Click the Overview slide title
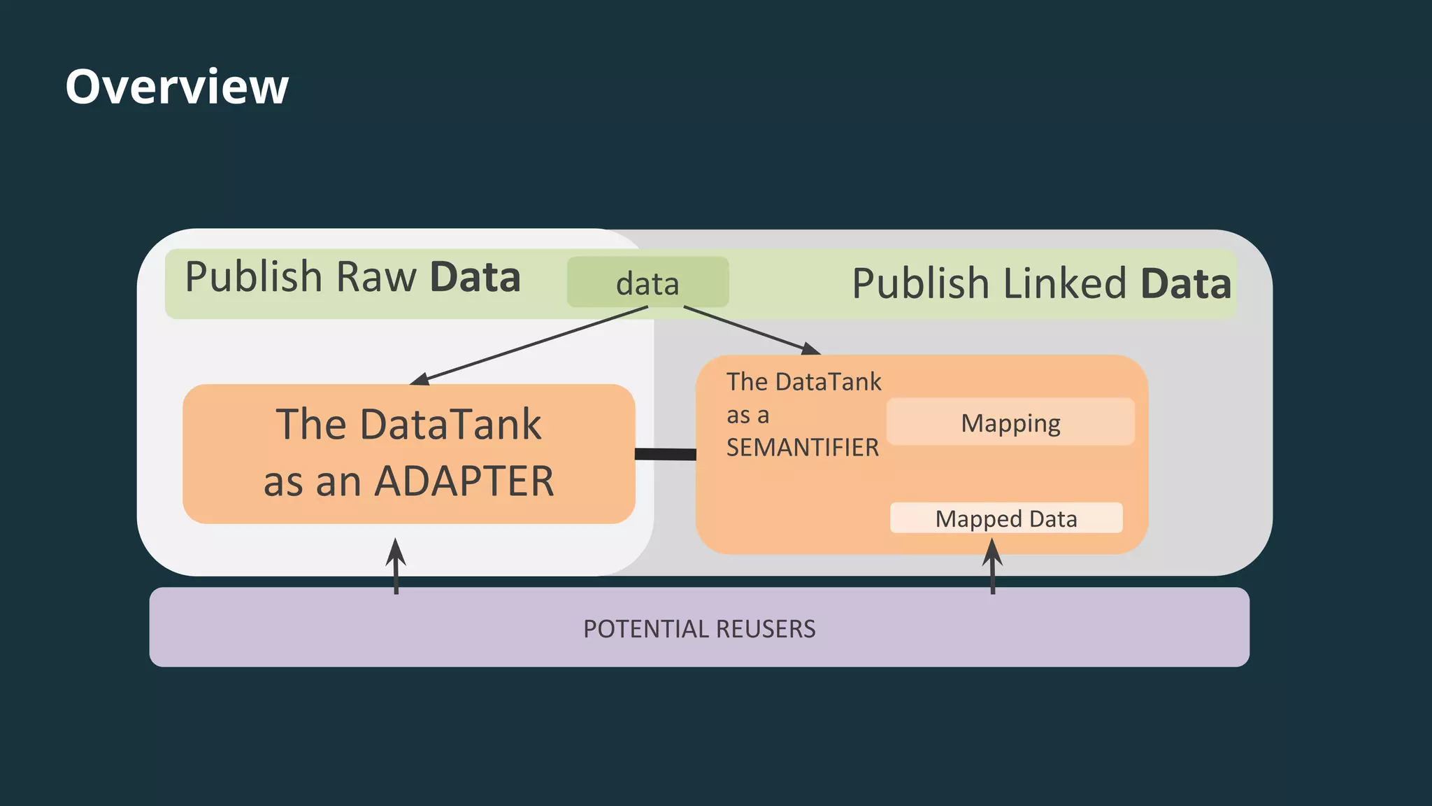[177, 87]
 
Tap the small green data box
[647, 283]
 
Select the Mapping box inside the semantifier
[1010, 422]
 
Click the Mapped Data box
[1006, 518]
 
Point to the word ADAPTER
[464, 482]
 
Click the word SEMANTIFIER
[802, 448]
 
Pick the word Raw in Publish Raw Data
[376, 277]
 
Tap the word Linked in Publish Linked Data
[1064, 284]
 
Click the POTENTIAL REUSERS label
[699, 628]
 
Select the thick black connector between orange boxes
[665, 454]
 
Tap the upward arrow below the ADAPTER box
[396, 565]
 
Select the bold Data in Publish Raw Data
[475, 277]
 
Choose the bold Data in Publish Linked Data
[1185, 284]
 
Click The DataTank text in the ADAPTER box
[408, 425]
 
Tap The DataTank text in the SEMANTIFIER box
[803, 382]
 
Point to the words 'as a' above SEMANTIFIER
[747, 415]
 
